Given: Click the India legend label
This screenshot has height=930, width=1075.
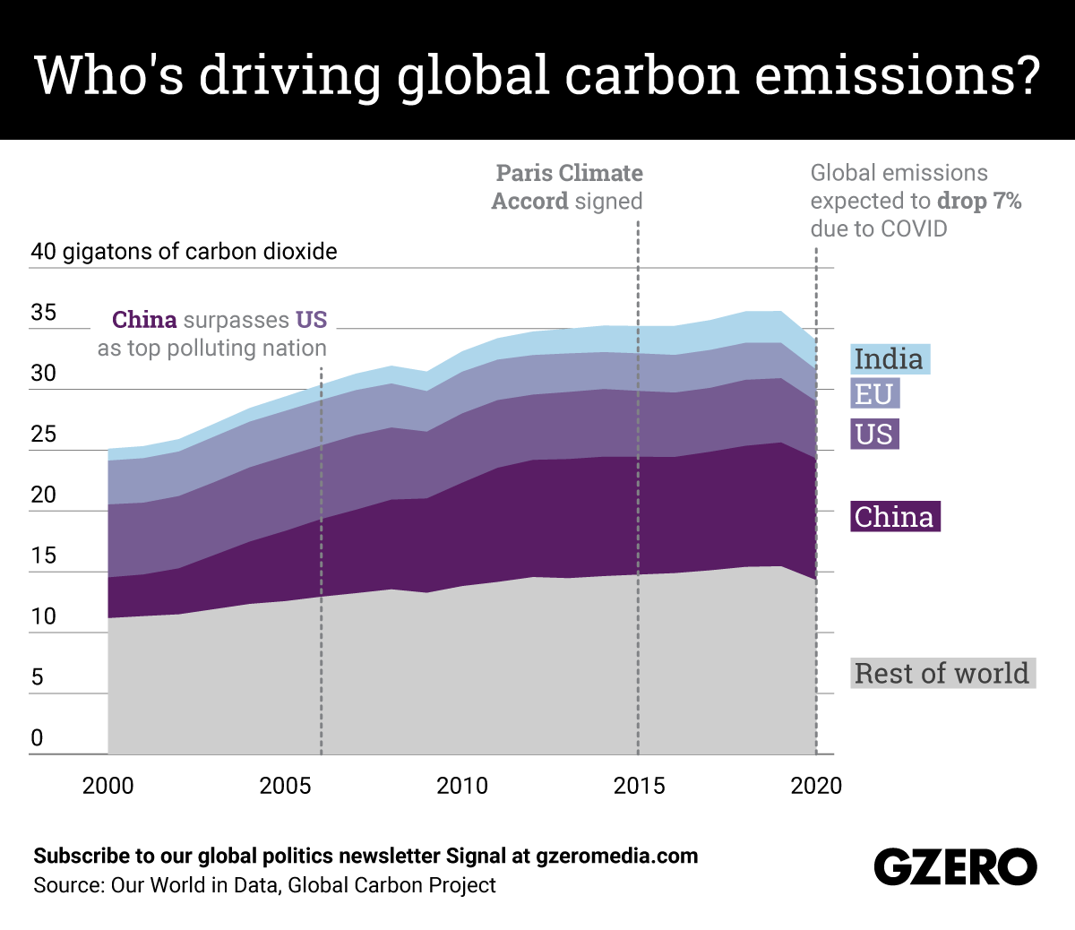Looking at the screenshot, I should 890,359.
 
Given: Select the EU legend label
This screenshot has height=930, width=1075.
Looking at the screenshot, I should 873,394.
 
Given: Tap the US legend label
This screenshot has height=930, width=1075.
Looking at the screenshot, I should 874,435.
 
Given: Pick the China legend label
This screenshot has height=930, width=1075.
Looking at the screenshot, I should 895,517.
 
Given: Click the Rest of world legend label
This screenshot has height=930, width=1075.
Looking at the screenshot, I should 942,673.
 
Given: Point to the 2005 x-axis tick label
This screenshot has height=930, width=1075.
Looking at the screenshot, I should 285,786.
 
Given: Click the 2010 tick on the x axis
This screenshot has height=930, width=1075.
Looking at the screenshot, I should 462,786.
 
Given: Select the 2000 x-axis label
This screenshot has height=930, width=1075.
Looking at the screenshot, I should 107,786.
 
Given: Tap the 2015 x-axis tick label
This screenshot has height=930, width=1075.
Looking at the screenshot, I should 639,786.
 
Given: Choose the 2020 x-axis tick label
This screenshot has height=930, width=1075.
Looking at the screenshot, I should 816,786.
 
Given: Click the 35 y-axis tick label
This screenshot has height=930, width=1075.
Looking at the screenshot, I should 43,313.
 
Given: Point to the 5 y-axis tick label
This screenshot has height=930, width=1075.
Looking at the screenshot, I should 38,677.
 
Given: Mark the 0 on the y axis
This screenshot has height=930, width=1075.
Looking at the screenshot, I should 38,738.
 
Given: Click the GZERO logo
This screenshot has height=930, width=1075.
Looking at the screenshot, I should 955,867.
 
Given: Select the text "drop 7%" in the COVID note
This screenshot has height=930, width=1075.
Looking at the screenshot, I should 979,201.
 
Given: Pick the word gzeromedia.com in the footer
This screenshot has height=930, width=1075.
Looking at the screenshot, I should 616,856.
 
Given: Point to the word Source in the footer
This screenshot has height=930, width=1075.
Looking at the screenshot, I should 68,885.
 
